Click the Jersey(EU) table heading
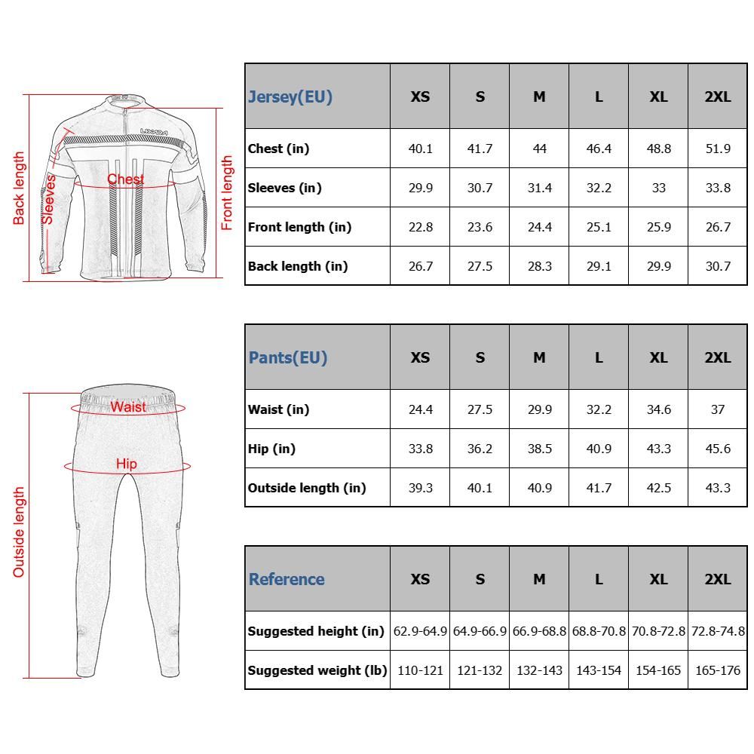pyautogui.click(x=290, y=97)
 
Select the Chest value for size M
pyautogui.click(x=539, y=149)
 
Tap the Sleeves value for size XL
pyautogui.click(x=658, y=188)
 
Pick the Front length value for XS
pyautogui.click(x=420, y=227)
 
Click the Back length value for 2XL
pyautogui.click(x=717, y=266)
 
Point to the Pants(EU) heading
pyautogui.click(x=288, y=357)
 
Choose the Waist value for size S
pyautogui.click(x=480, y=409)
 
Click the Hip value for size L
pyautogui.click(x=599, y=449)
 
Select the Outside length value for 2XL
pyautogui.click(x=717, y=488)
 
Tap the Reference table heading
pyautogui.click(x=287, y=579)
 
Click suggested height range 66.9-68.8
pyautogui.click(x=539, y=631)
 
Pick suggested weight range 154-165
pyautogui.click(x=658, y=670)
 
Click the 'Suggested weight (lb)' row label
pyautogui.click(x=317, y=670)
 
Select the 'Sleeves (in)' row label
pyautogui.click(x=285, y=188)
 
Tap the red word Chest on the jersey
pyautogui.click(x=125, y=179)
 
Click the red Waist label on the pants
pyautogui.click(x=128, y=407)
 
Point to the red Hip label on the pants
pyautogui.click(x=127, y=464)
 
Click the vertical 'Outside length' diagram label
pyautogui.click(x=19, y=532)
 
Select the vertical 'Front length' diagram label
pyautogui.click(x=227, y=193)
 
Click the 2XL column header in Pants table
pyautogui.click(x=717, y=357)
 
